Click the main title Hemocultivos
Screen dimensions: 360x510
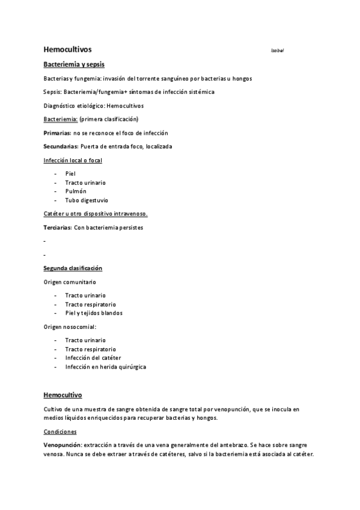67,49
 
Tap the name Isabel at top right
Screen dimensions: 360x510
277,51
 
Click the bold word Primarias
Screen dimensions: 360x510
56,132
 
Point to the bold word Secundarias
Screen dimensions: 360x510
61,146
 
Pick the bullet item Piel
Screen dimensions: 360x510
70,173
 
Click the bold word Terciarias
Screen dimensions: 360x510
58,227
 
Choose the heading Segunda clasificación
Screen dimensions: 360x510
73,268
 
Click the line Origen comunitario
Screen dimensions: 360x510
70,281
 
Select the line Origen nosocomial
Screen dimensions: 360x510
70,327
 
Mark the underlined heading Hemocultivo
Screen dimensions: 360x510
63,395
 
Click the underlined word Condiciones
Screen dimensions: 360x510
60,431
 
